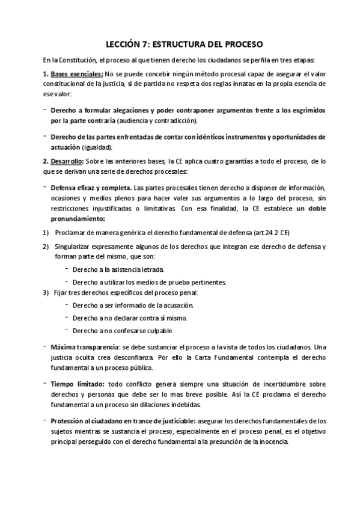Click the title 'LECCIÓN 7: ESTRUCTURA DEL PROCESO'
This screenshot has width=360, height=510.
click(180, 44)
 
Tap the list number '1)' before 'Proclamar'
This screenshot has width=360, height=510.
click(46, 233)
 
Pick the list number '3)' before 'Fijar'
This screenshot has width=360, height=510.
click(46, 293)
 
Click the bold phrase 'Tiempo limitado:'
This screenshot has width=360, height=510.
click(78, 383)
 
